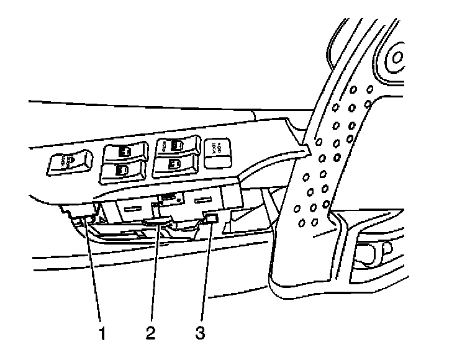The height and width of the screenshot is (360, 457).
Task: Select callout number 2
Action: (x=150, y=332)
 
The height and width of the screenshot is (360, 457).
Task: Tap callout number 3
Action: (x=198, y=332)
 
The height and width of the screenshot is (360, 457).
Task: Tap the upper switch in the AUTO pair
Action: (x=176, y=147)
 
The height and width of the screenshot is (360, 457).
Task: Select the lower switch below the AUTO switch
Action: (x=176, y=164)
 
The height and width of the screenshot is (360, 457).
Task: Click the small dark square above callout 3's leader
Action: (x=211, y=218)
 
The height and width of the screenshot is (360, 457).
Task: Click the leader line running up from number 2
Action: (x=154, y=273)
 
